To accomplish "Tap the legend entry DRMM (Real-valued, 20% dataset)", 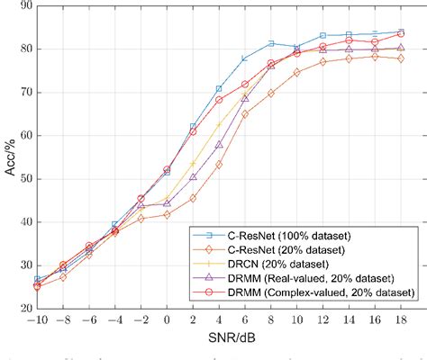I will (x=311, y=278).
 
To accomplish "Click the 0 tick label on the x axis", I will (x=167, y=320).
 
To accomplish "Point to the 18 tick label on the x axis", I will (x=401, y=320).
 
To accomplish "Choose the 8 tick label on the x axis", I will (x=271, y=320).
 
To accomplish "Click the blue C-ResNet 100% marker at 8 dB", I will (x=271, y=42).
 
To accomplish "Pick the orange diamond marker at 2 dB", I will (x=193, y=198).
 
